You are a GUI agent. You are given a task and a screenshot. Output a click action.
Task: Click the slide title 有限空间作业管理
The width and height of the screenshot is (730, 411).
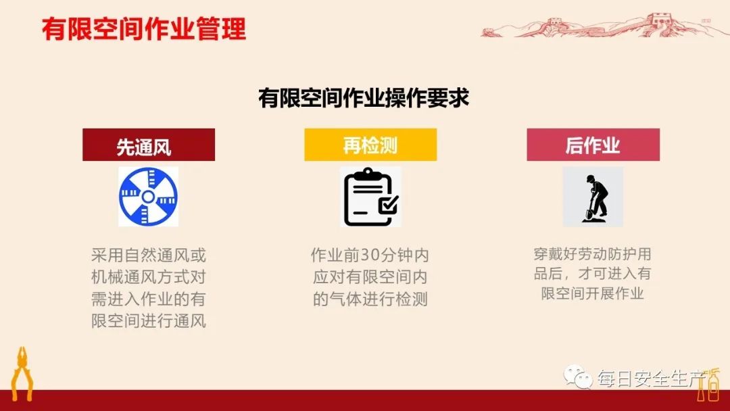pos(143,29)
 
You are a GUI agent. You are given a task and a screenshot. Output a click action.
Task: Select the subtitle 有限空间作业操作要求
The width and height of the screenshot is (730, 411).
pos(364,98)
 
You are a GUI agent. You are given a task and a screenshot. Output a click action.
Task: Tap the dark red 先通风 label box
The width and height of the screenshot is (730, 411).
pos(149,145)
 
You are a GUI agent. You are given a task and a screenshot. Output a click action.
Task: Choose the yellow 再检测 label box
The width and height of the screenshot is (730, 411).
pos(370,145)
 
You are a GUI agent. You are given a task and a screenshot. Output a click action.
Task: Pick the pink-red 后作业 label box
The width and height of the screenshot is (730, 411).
pos(593,145)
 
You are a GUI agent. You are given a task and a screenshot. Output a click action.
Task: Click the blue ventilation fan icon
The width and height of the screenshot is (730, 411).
pos(149,197)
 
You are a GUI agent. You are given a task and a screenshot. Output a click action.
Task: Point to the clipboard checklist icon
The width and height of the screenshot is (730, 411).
pos(370,197)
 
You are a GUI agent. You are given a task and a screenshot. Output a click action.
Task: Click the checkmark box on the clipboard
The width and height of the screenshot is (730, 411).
pos(388,204)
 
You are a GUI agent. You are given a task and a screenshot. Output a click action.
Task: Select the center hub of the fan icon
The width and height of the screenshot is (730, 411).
pos(149,197)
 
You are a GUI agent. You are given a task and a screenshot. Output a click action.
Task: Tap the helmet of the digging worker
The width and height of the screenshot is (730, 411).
pos(591,178)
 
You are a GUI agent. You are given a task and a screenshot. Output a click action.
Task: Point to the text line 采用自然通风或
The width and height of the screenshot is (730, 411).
pos(149,256)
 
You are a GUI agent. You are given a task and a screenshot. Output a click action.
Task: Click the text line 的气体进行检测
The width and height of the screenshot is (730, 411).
pos(370,299)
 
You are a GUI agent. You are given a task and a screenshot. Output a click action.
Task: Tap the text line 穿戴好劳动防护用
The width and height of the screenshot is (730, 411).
pos(593,254)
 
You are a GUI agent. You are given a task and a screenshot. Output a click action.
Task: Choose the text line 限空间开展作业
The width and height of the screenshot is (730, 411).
pos(593,293)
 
